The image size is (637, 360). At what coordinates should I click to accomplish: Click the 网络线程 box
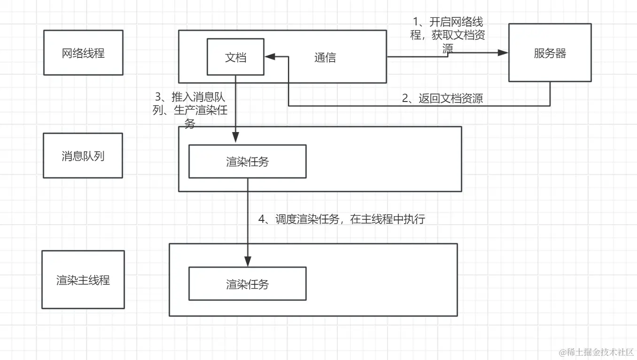[x=83, y=53]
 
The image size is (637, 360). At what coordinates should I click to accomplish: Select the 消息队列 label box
[x=83, y=156]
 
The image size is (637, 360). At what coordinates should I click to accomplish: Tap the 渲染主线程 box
[x=83, y=280]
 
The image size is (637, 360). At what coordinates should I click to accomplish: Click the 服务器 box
[x=550, y=53]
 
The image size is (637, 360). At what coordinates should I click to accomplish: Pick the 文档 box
[x=235, y=57]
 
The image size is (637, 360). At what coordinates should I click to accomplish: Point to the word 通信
[x=325, y=57]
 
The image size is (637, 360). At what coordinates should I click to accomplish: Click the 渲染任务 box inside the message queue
[x=247, y=162]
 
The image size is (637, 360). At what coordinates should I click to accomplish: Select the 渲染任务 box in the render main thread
[x=247, y=284]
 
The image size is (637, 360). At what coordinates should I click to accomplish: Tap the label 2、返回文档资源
[x=443, y=98]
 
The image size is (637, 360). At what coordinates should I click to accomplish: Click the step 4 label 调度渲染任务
[x=342, y=219]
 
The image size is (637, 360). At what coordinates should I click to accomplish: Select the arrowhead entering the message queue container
[x=235, y=137]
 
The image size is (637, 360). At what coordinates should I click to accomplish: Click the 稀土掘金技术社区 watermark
[x=596, y=352]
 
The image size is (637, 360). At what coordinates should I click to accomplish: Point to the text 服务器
[x=550, y=53]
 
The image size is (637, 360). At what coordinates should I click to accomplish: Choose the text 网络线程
[x=83, y=53]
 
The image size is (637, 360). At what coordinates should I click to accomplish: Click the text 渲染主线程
[x=83, y=280]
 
